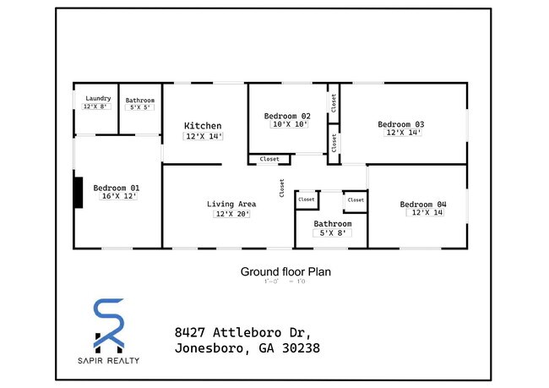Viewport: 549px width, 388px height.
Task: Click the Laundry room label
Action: (98, 98)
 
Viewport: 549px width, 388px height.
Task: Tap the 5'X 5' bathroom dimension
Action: (140, 108)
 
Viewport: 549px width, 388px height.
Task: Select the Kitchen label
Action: (203, 126)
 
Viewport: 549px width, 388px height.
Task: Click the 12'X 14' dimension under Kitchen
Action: (203, 136)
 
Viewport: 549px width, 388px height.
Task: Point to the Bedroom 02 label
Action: (287, 116)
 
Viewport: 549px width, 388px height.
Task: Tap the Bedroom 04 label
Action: (423, 204)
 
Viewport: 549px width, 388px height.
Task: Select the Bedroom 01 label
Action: (117, 188)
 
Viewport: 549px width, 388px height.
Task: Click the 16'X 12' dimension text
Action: (118, 196)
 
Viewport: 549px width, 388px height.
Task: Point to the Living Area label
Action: (231, 204)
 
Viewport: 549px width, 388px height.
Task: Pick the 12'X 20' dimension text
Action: (230, 214)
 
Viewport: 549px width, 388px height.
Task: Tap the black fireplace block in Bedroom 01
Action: (78, 192)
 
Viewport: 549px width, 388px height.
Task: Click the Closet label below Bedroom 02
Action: (269, 159)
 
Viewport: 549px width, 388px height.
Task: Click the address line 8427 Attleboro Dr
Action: (243, 331)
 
